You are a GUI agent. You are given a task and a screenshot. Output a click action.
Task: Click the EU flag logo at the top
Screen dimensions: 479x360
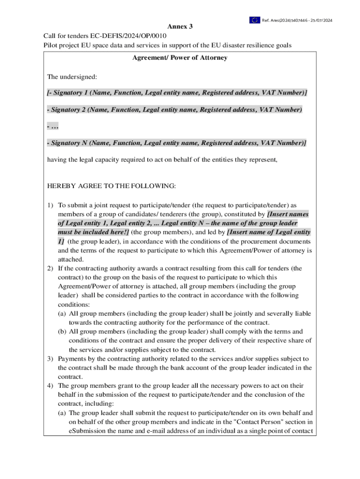(x=254, y=20)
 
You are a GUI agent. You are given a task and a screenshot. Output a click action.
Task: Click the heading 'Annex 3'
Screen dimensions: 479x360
(x=180, y=27)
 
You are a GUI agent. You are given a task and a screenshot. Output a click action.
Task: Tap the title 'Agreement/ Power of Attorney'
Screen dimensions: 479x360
(x=180, y=58)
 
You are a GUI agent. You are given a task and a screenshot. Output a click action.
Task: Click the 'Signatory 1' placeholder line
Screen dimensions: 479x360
(x=177, y=93)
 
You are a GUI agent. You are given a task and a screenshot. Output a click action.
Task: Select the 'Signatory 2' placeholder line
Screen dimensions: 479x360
(x=174, y=109)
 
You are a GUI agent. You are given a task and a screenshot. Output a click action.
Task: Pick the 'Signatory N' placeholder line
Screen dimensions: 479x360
(x=177, y=143)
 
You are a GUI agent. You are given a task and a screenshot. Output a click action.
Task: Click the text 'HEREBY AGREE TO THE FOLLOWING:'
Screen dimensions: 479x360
(x=112, y=186)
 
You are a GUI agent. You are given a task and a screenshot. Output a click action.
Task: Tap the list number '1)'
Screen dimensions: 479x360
(x=50, y=205)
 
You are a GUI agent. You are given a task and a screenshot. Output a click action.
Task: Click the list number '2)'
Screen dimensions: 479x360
(x=50, y=269)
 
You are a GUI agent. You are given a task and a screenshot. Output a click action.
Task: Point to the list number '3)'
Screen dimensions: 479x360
(x=50, y=359)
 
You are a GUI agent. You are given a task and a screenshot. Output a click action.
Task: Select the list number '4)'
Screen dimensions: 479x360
(x=50, y=386)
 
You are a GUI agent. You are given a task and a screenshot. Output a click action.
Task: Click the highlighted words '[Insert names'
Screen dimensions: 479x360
(x=288, y=214)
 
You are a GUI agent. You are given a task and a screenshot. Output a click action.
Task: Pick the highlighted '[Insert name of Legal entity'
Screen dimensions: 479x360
(x=268, y=232)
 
